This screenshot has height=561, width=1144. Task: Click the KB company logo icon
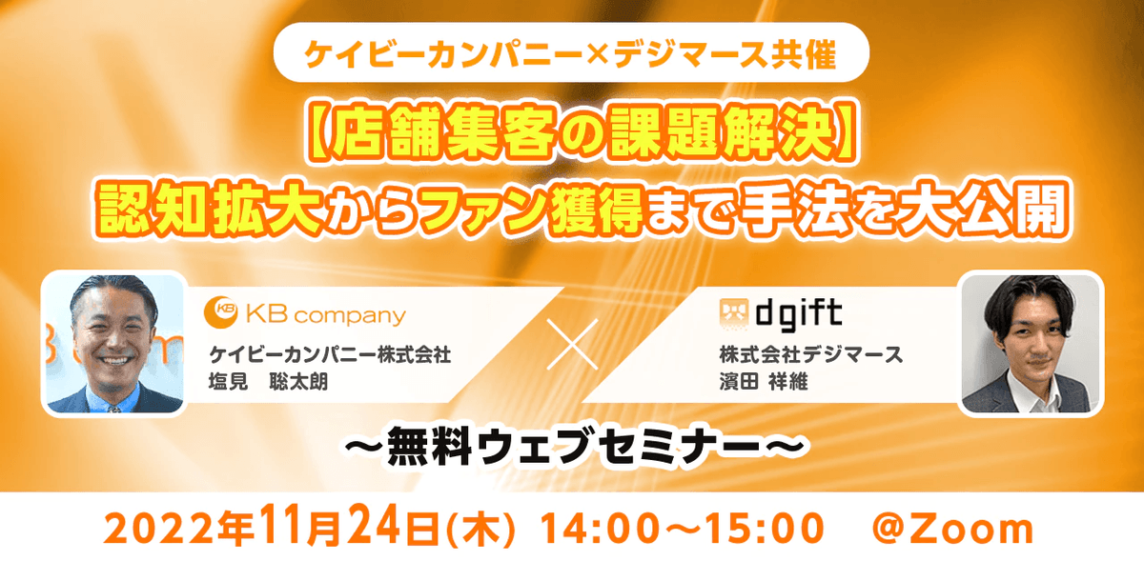[x=220, y=312]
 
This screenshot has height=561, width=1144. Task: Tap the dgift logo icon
[x=734, y=313]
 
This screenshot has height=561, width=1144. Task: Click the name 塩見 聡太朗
[x=268, y=382]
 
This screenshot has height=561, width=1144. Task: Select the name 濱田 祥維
[x=764, y=382]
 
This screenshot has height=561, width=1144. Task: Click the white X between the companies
[x=573, y=345]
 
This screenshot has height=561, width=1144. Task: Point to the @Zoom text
[x=953, y=530]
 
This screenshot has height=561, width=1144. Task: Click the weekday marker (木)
[x=480, y=530]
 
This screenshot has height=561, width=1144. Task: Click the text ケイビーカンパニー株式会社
[x=330, y=354]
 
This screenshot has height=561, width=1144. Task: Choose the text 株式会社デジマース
[x=811, y=354]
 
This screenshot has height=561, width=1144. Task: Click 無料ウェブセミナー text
[x=575, y=447]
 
